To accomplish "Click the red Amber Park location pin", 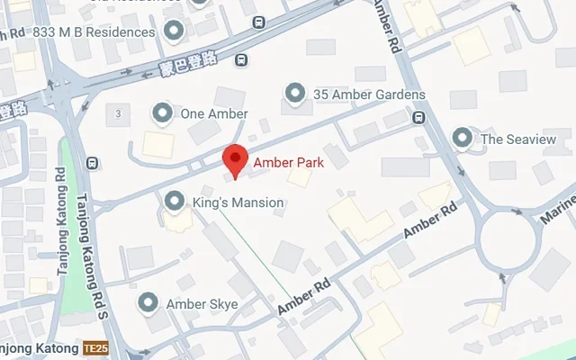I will pyautogui.click(x=235, y=158).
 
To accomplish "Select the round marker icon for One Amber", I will pyautogui.click(x=162, y=113).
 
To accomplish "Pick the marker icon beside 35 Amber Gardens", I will pyautogui.click(x=293, y=94).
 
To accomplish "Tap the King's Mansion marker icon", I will pyautogui.click(x=174, y=202).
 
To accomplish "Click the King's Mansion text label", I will pyautogui.click(x=238, y=203).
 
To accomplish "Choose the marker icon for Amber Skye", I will pyautogui.click(x=148, y=303).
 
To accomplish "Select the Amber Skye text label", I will pyautogui.click(x=202, y=304).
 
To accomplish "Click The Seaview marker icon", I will pyautogui.click(x=463, y=139).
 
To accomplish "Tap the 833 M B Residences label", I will pyautogui.click(x=94, y=32).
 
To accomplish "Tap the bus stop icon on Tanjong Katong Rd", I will pyautogui.click(x=92, y=163).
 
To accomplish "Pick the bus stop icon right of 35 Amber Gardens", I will pyautogui.click(x=418, y=117).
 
